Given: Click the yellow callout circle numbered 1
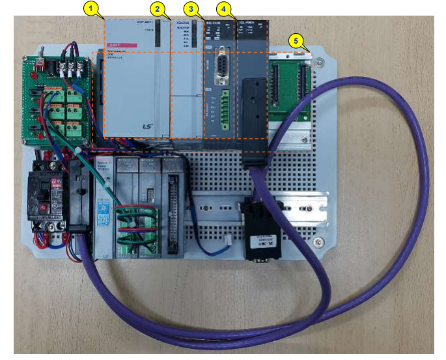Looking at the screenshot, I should click(93, 8).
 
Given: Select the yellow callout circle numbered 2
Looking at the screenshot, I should click(157, 8).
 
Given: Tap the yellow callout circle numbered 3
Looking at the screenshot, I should click(191, 8).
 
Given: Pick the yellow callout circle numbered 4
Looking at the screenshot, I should click(224, 9).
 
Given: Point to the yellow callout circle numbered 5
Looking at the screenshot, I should click(297, 40).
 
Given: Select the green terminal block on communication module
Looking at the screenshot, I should click(225, 107).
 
